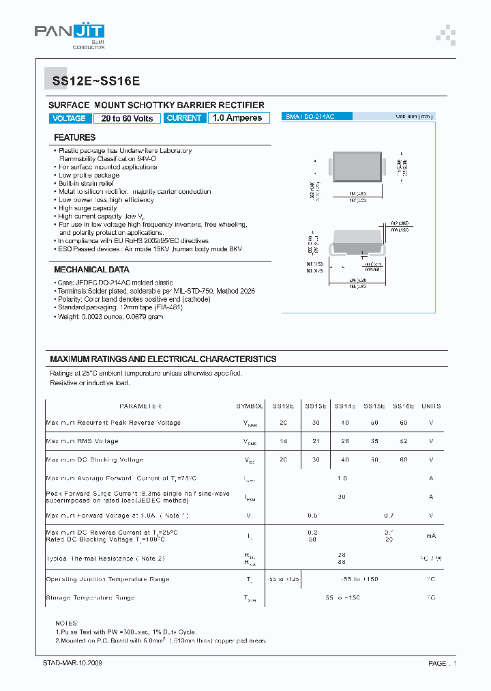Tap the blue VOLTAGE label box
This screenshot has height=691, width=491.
(x=69, y=118)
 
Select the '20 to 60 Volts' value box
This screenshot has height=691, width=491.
(x=128, y=118)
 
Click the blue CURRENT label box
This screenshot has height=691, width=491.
(x=184, y=118)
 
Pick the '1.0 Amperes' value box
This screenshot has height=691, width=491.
(x=237, y=118)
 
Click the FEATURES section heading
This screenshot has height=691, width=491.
(x=75, y=137)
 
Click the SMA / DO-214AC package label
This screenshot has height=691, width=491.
(x=310, y=117)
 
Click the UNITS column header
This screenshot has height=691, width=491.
(x=431, y=406)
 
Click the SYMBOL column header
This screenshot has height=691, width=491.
(x=250, y=406)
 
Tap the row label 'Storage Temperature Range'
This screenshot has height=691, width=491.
(x=90, y=597)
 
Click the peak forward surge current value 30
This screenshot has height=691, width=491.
(x=342, y=496)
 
